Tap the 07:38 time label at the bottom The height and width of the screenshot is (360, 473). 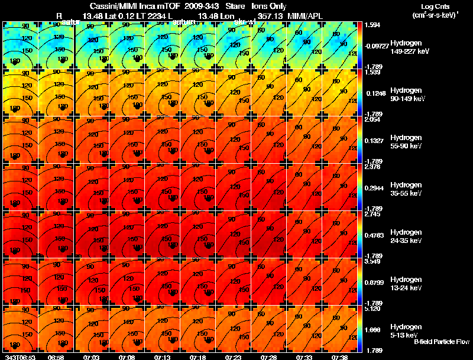click(x=339, y=357)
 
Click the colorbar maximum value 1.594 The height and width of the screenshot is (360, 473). click(x=374, y=25)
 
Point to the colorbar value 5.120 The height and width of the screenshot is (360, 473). click(x=374, y=308)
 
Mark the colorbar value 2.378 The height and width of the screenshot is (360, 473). click(x=374, y=167)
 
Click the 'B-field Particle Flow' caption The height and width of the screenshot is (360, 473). click(x=441, y=342)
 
